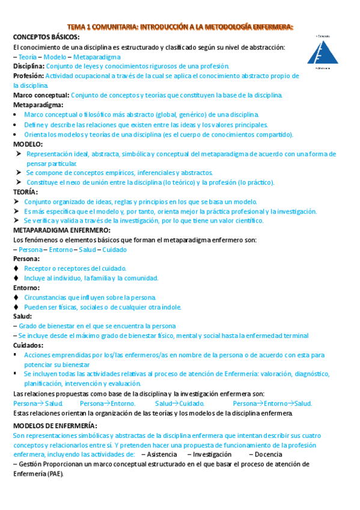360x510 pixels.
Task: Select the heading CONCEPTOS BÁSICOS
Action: tap(45, 37)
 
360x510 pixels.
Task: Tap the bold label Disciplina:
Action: tap(28, 66)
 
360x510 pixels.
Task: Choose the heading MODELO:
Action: tap(28, 144)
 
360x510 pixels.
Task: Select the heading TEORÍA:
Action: tap(25, 192)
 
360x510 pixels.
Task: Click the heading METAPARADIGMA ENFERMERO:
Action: tap(61, 230)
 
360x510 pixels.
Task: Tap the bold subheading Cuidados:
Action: tap(28, 345)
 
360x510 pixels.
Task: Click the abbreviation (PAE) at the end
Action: tap(52, 474)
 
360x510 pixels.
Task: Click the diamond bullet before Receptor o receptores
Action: tap(16, 268)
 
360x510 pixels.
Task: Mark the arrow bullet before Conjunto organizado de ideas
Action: tap(16, 201)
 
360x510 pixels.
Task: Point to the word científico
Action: tap(246, 221)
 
